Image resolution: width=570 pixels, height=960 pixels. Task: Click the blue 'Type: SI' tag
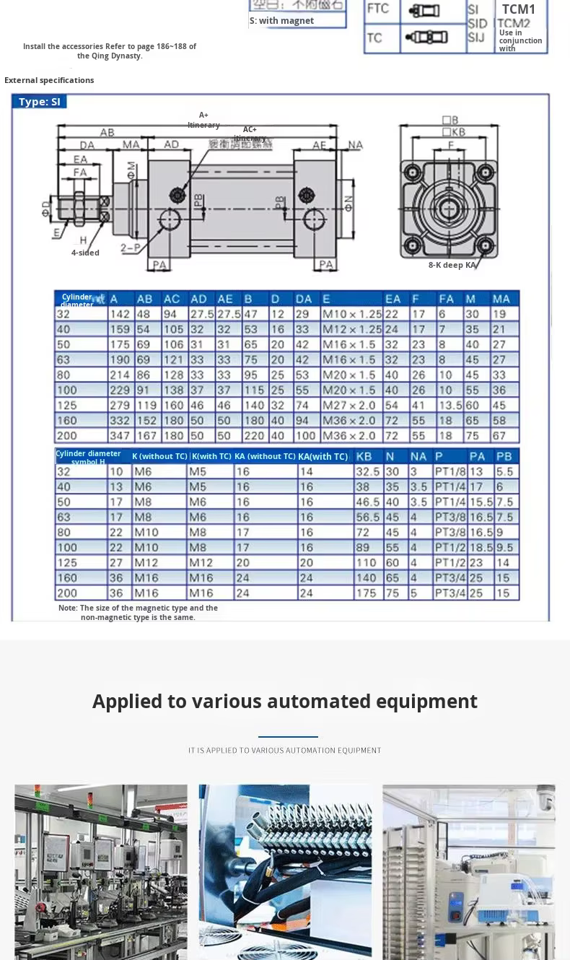[40, 102]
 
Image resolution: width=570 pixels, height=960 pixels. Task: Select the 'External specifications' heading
[49, 80]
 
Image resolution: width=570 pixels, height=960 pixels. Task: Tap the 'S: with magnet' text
[281, 21]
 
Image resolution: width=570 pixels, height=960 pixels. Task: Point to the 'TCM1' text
[519, 9]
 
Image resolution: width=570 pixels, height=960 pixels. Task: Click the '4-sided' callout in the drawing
[85, 253]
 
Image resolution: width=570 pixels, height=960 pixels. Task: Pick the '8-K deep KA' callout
[452, 265]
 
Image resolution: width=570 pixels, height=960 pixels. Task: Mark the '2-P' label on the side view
[130, 248]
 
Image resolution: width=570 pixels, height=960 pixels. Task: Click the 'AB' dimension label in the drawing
[107, 133]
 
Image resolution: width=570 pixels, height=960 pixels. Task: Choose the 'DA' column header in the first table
[304, 299]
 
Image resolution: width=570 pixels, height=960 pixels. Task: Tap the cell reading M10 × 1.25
[351, 314]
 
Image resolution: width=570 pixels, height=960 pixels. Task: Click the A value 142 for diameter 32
[120, 314]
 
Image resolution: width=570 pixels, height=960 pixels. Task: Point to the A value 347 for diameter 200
[120, 436]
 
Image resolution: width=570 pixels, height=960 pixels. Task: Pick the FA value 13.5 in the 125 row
[450, 406]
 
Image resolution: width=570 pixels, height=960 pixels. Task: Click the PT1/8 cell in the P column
[449, 471]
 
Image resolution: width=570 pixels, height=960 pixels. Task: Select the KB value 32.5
[367, 471]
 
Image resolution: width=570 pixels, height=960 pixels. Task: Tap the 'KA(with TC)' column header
[323, 456]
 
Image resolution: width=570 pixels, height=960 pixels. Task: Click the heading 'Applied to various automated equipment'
[285, 701]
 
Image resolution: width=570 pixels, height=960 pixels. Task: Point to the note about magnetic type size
[138, 613]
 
